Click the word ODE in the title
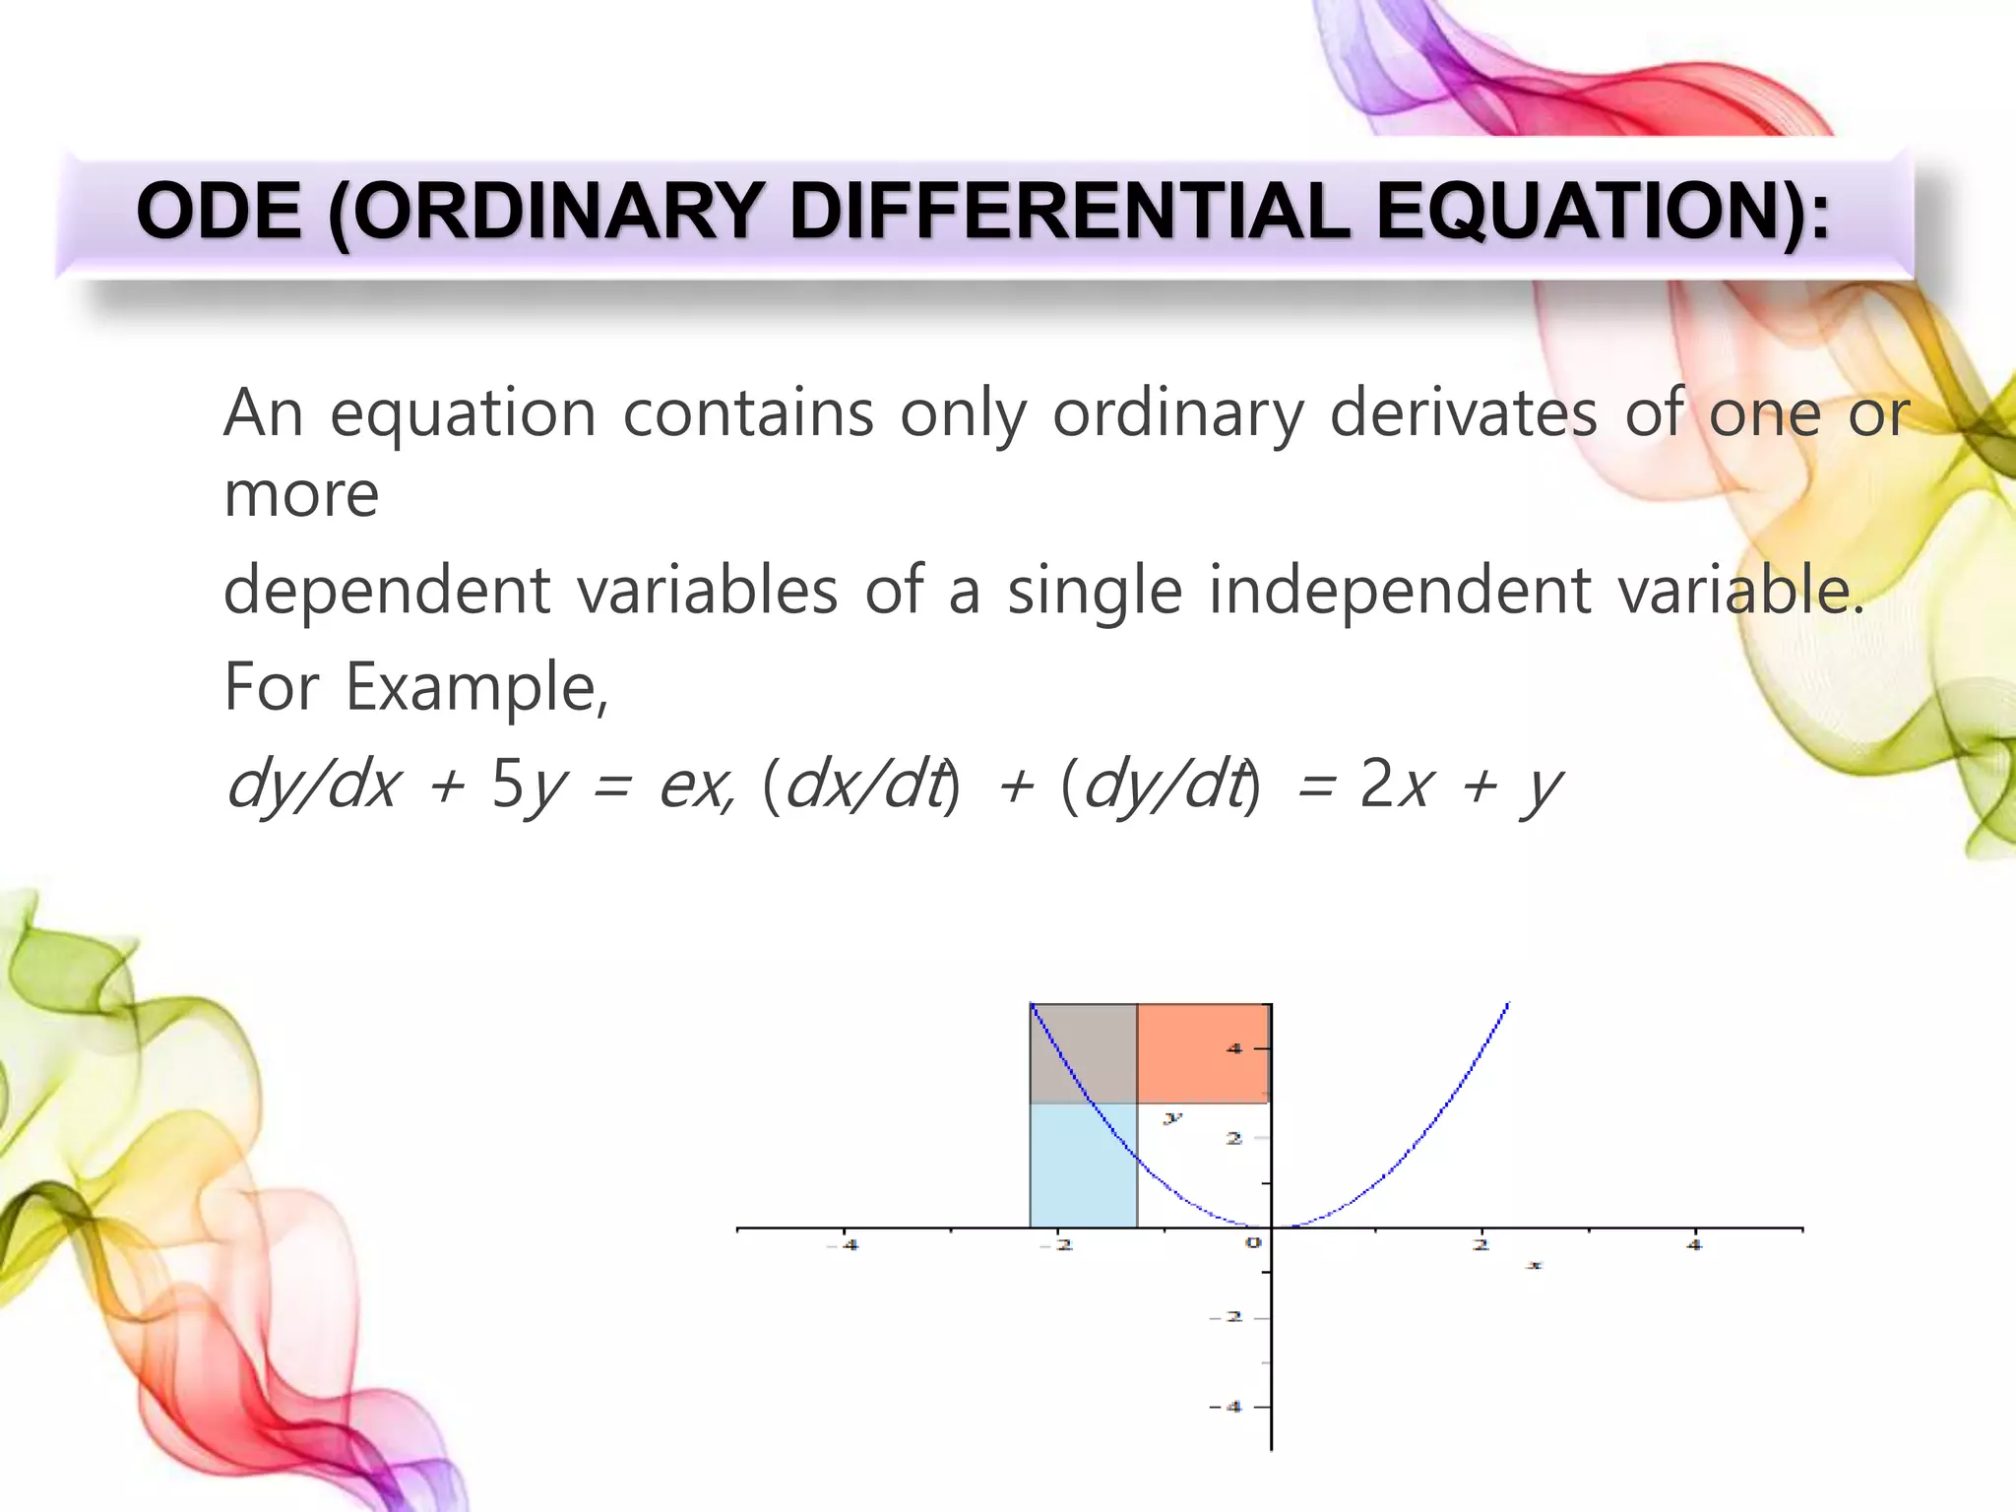click(219, 212)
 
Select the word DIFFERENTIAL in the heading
click(1069, 212)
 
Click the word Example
click(476, 687)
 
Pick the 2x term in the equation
click(1394, 786)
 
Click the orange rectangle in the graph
click(1202, 1053)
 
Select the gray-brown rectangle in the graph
click(1083, 1053)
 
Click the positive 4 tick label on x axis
click(1694, 1245)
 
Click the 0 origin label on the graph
click(1253, 1243)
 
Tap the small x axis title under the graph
click(1534, 1265)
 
